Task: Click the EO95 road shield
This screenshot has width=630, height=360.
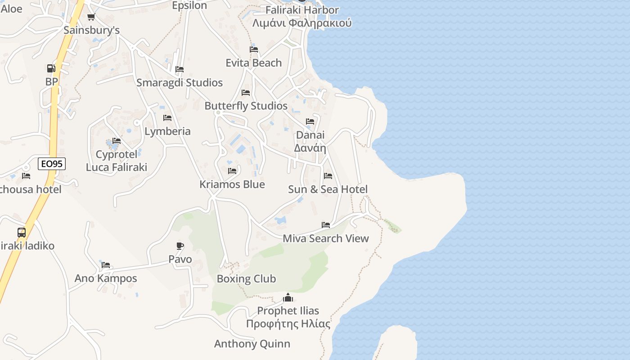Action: pyautogui.click(x=51, y=164)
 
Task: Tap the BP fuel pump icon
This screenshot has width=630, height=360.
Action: pyautogui.click(x=51, y=68)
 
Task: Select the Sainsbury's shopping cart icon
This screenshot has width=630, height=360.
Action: pyautogui.click(x=91, y=17)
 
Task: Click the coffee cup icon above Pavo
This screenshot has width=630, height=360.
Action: pyautogui.click(x=180, y=246)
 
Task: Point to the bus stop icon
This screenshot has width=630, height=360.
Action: pyautogui.click(x=22, y=233)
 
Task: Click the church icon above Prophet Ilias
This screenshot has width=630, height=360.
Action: pyautogui.click(x=288, y=297)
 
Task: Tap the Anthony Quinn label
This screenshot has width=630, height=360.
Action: pyautogui.click(x=252, y=344)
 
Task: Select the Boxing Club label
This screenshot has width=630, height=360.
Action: pyautogui.click(x=246, y=279)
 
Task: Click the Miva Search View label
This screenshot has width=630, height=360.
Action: pyautogui.click(x=326, y=238)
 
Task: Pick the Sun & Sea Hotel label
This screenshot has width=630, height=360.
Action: pyautogui.click(x=328, y=189)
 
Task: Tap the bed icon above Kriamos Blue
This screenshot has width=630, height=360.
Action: pyautogui.click(x=232, y=171)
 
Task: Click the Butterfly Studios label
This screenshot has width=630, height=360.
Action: pyautogui.click(x=246, y=106)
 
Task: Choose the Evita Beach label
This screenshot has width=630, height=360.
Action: pyautogui.click(x=254, y=63)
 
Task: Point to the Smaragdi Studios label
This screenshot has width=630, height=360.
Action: pyautogui.click(x=180, y=83)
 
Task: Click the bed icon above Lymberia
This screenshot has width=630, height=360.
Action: pyautogui.click(x=167, y=118)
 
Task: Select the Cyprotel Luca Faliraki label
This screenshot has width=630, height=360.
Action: pyautogui.click(x=117, y=161)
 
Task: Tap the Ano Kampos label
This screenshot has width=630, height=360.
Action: pyautogui.click(x=106, y=278)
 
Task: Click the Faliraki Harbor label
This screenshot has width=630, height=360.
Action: pyautogui.click(x=302, y=10)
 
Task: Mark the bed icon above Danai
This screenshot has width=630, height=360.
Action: pyautogui.click(x=310, y=121)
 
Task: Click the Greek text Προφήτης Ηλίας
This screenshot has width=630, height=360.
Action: pyautogui.click(x=288, y=324)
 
